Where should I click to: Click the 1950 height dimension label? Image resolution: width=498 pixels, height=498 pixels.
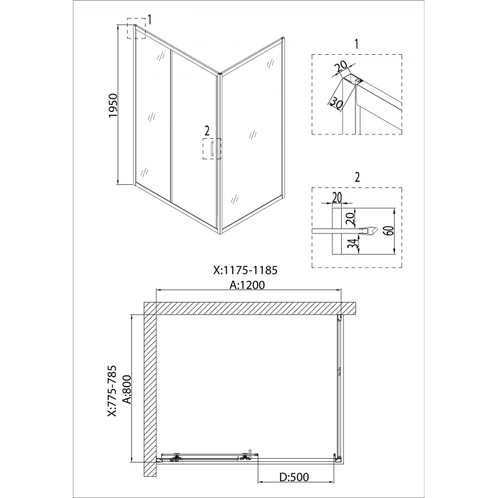pyautogui.click(x=113, y=105)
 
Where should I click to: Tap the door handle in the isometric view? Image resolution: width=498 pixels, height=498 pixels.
pyautogui.click(x=212, y=149)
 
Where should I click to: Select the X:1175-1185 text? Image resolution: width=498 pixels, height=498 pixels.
pyautogui.click(x=245, y=270)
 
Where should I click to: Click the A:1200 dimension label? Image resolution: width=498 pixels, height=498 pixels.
pyautogui.click(x=247, y=285)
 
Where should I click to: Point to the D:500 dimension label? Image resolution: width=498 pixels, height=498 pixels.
pyautogui.click(x=294, y=477)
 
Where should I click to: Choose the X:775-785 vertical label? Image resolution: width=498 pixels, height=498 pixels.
pyautogui.click(x=112, y=391)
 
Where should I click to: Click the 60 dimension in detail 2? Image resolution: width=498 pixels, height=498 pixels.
pyautogui.click(x=390, y=230)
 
